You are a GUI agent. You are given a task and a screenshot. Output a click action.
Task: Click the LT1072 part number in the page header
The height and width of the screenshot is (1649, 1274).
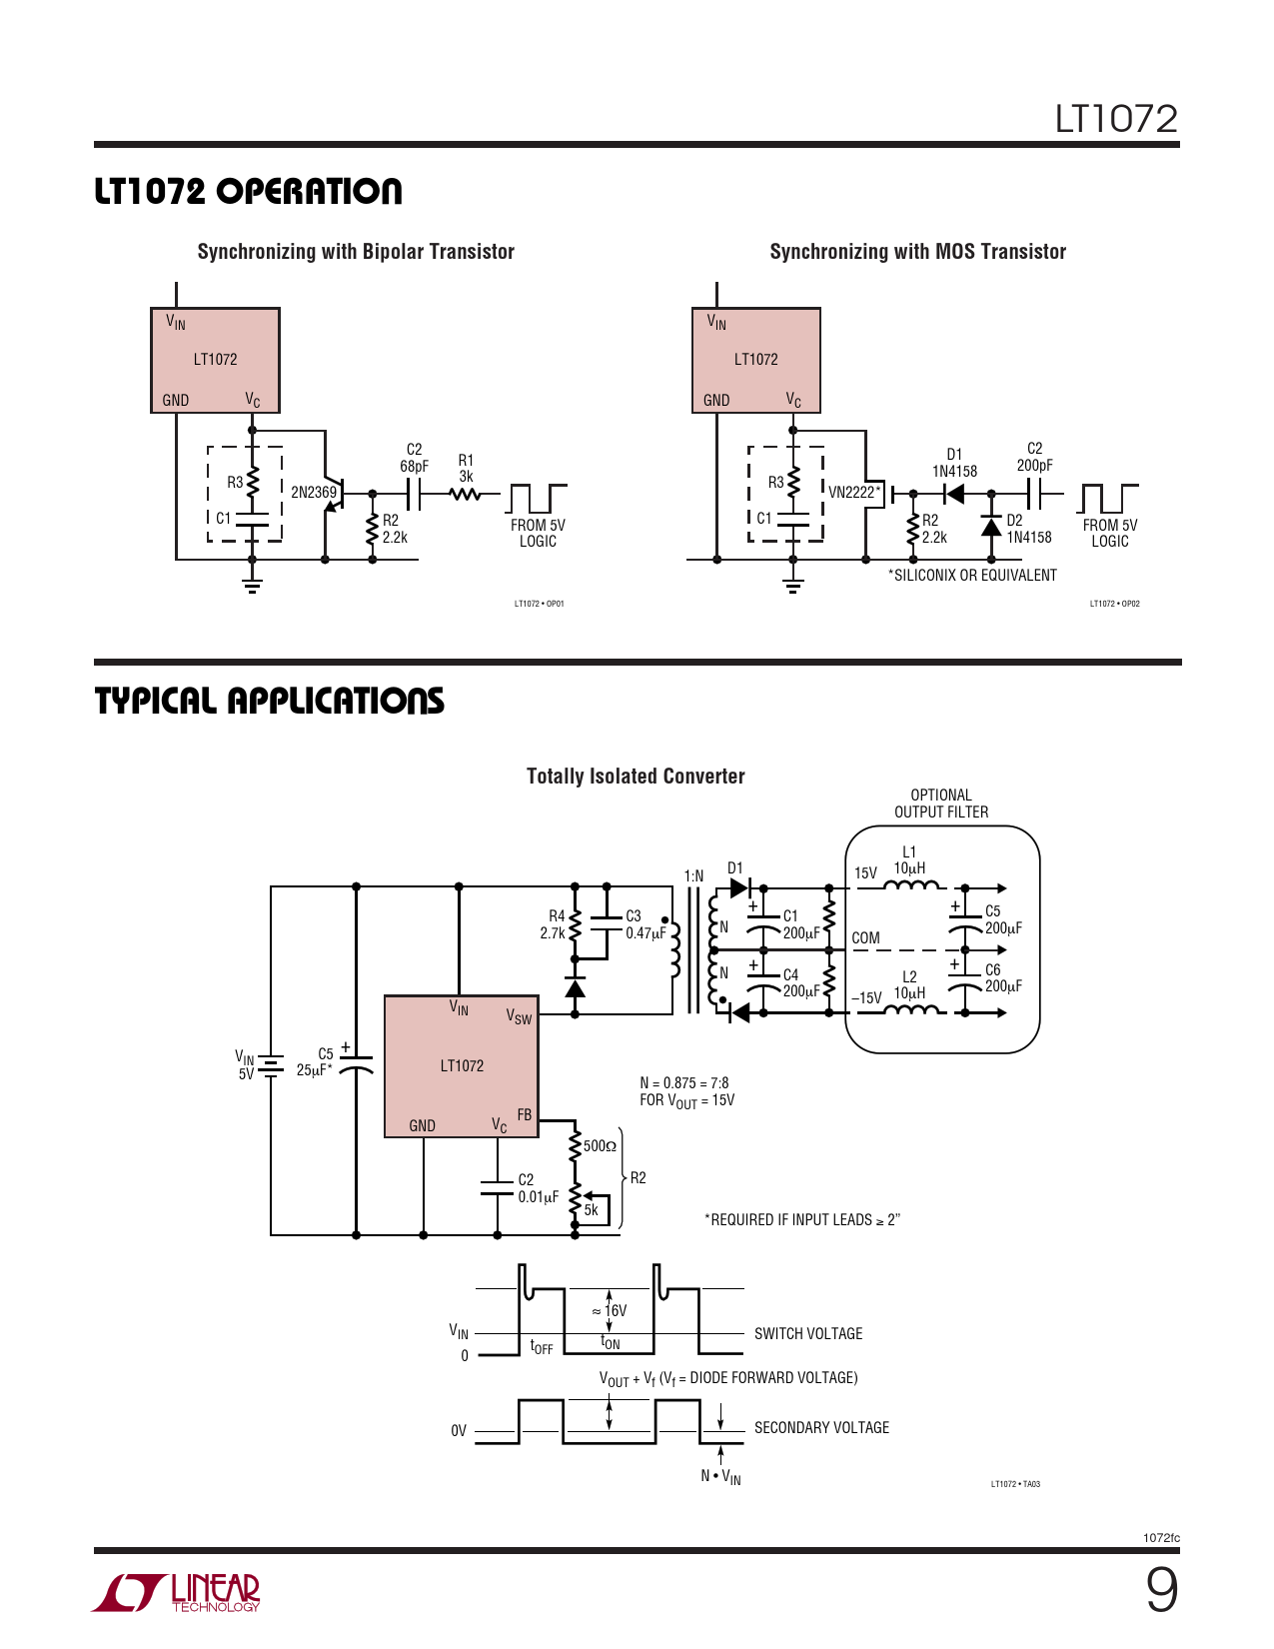click(1116, 119)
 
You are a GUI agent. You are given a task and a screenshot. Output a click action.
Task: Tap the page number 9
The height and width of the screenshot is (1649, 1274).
click(1161, 1590)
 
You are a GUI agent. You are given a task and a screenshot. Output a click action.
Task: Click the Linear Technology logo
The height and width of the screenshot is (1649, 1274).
click(177, 1592)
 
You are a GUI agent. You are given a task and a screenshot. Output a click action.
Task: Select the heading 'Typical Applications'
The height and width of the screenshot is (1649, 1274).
click(269, 701)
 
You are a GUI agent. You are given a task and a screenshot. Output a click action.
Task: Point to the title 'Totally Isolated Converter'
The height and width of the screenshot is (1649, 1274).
click(636, 777)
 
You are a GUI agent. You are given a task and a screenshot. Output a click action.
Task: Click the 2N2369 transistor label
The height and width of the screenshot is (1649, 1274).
click(313, 492)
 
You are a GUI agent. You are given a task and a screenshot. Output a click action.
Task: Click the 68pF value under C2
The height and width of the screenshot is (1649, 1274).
click(414, 466)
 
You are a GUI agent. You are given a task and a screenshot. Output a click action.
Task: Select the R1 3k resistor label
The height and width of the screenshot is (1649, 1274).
click(466, 469)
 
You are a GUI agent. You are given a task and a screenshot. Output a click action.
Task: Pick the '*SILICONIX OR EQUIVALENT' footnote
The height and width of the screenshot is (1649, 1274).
click(972, 575)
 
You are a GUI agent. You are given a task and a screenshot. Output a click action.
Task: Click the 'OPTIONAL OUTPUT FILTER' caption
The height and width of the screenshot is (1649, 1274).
click(941, 804)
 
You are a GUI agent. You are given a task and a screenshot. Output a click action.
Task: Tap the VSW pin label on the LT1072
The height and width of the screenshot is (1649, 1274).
click(519, 1016)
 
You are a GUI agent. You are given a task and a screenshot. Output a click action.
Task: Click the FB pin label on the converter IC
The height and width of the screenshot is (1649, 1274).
click(525, 1114)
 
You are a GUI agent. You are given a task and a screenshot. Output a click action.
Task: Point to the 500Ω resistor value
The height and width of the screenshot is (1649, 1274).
click(600, 1146)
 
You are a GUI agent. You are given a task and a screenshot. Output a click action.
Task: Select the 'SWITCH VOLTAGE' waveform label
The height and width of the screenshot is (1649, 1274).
click(807, 1333)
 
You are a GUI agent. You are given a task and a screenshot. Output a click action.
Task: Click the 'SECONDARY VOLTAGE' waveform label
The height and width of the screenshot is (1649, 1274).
click(821, 1427)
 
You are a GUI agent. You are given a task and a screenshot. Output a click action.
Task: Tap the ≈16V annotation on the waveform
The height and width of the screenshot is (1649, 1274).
click(610, 1310)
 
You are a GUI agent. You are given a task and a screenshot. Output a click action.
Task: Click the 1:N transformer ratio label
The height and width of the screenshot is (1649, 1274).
click(693, 876)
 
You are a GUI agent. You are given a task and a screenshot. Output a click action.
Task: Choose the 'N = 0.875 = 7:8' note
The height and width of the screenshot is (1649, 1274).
click(683, 1082)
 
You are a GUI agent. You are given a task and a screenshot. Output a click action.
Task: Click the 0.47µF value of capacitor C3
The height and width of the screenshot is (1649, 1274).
click(645, 933)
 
